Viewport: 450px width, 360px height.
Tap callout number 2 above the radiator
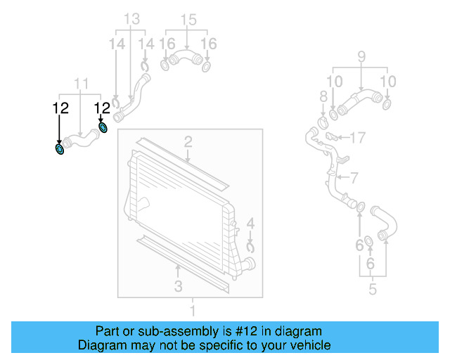(188, 143)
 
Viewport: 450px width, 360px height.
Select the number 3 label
(178, 285)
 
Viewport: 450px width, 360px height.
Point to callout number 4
(251, 226)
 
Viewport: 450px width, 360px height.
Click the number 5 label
(373, 288)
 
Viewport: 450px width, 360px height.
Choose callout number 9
(361, 56)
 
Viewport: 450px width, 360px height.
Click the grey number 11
(82, 84)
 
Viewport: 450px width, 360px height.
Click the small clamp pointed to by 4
(250, 246)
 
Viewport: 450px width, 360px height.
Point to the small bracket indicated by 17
(333, 138)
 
